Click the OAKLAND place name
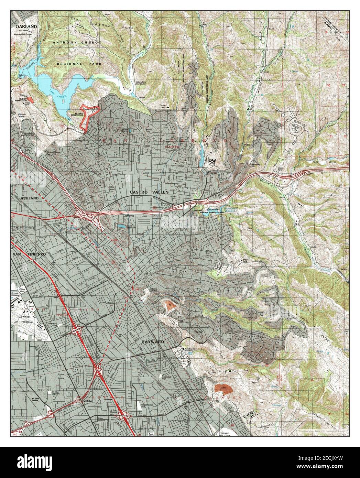[x=26, y=26]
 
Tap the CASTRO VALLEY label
[x=149, y=192]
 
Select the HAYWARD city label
[x=152, y=342]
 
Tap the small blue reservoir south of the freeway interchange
[x=121, y=226]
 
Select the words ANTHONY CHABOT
[x=77, y=42]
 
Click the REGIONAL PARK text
[x=74, y=64]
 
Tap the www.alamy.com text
[x=327, y=468]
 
